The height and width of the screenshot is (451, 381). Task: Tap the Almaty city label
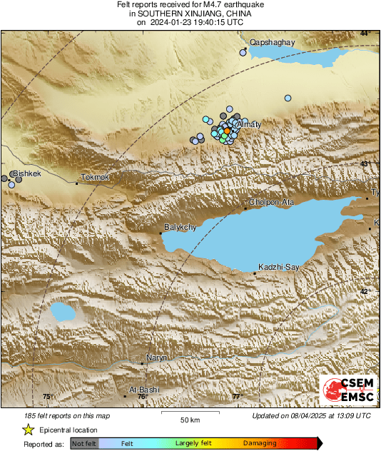pos(248,125)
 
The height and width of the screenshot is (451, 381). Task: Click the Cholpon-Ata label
pos(271,202)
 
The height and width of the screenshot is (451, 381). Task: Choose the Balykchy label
pos(180,227)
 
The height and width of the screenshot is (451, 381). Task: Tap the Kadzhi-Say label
pos(278,267)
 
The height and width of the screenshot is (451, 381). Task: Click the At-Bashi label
pos(144,390)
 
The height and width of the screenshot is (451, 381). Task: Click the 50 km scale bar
pos(189,414)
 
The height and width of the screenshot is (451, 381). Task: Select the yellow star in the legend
pos(29,430)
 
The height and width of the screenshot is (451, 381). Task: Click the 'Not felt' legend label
pos(85,444)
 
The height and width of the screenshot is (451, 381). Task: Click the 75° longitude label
pos(48,397)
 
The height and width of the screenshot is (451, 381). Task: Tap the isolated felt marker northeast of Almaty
pos(288,98)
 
